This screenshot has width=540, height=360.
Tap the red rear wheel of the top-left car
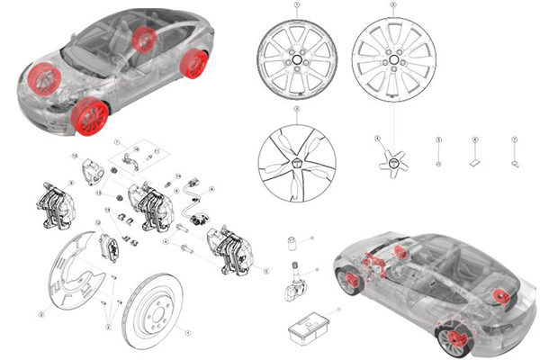[x=193, y=63]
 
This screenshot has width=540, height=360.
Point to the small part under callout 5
[x=437, y=164]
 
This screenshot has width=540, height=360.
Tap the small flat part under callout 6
[x=475, y=164]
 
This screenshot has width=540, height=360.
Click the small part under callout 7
[x=514, y=164]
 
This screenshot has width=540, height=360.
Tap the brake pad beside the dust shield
[x=110, y=247]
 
